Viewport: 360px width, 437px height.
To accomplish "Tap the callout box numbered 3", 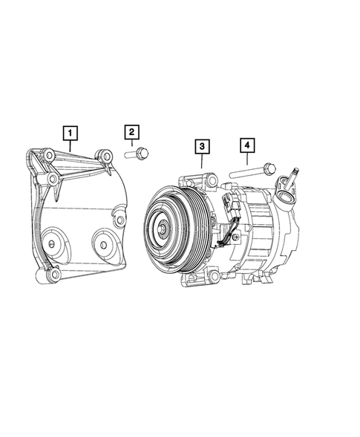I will (x=201, y=147).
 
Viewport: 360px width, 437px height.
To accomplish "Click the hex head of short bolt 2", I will (x=143, y=154).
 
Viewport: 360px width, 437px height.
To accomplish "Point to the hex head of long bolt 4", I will (x=268, y=170).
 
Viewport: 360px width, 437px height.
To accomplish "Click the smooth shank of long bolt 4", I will (x=246, y=174).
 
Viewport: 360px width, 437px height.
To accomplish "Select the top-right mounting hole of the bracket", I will (x=106, y=156).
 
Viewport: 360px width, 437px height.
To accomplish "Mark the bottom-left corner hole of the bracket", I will (x=51, y=276).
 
